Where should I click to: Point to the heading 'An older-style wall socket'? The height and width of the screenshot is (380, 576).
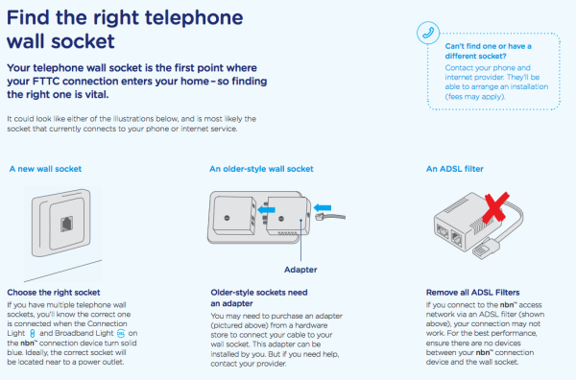[x=262, y=169]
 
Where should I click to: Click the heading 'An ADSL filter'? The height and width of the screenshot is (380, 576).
[x=458, y=169]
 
